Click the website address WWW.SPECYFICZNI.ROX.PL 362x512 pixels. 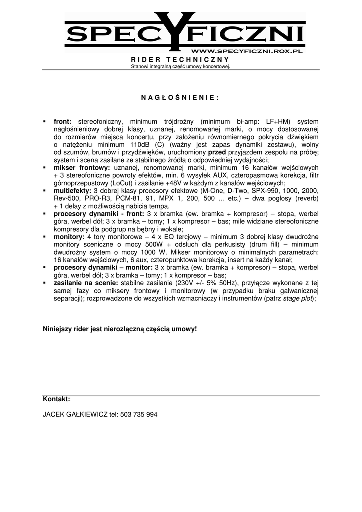point(247,51)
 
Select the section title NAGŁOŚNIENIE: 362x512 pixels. point(180,97)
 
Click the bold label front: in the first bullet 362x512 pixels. point(63,121)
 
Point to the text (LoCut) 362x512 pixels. point(110,183)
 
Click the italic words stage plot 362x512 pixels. point(298,298)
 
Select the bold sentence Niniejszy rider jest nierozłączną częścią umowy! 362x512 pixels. point(120,329)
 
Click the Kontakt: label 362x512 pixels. point(56,399)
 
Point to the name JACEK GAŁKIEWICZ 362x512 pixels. point(75,415)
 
